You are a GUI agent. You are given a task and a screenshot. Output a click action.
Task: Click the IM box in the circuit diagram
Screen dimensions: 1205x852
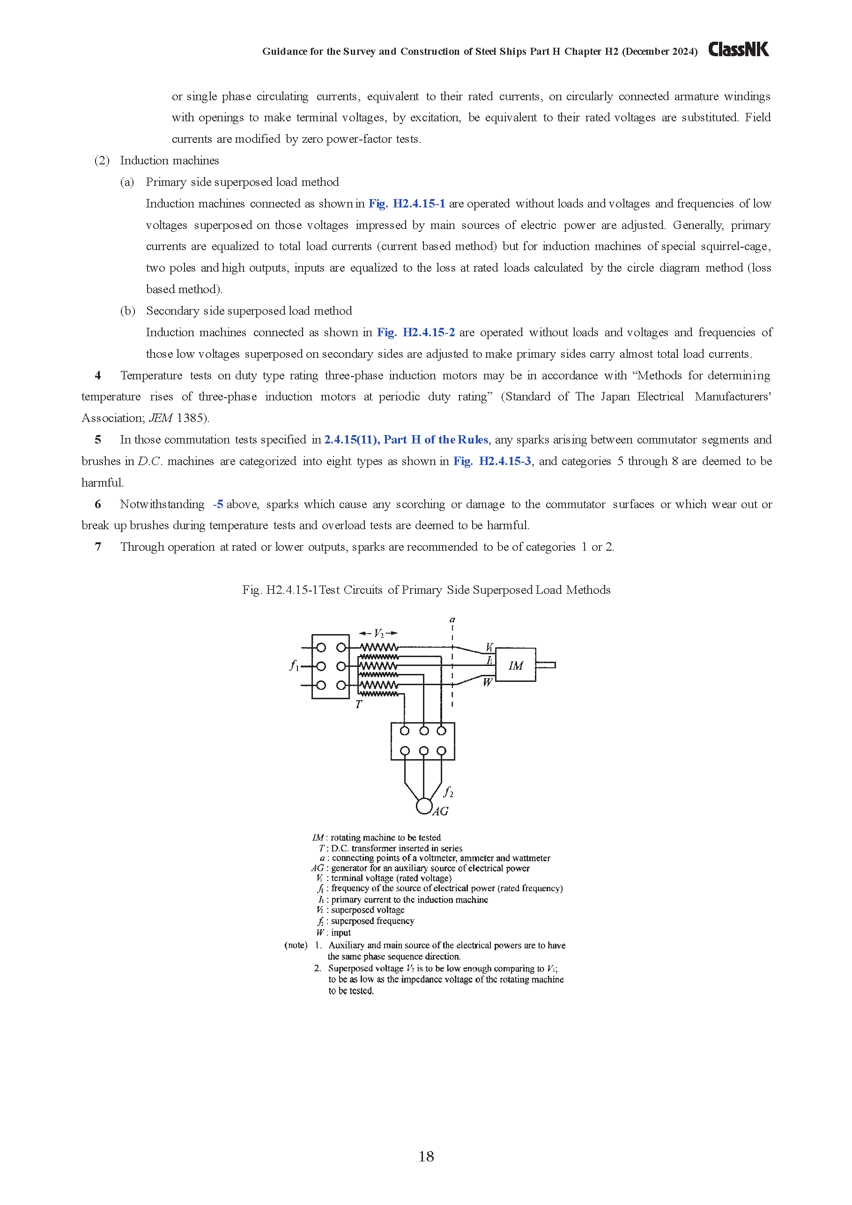tap(516, 665)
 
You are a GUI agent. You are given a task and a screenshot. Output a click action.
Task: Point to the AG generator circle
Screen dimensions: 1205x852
tap(423, 806)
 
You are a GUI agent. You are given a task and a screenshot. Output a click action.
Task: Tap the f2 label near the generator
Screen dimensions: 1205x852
tap(448, 791)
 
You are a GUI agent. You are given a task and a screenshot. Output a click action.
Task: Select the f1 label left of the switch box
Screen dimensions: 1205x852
tap(294, 665)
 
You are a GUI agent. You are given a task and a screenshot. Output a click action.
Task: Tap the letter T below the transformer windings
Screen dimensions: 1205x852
tap(358, 704)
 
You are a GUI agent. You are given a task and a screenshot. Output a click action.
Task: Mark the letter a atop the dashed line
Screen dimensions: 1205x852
tap(452, 620)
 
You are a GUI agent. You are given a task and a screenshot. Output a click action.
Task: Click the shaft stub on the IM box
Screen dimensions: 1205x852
tap(546, 665)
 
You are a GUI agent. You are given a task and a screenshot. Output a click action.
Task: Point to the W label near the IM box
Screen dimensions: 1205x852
tap(487, 682)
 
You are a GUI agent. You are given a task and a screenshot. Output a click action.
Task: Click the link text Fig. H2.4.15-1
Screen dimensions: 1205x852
tap(407, 204)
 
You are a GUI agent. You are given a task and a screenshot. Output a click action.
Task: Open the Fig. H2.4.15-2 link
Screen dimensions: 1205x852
tap(416, 332)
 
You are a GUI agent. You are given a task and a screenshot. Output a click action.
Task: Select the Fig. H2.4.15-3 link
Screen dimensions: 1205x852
tap(492, 461)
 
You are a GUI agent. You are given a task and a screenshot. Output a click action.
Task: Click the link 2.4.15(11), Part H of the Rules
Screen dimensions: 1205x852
tap(406, 439)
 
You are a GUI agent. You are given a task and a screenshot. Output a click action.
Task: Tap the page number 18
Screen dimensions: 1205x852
tap(426, 1156)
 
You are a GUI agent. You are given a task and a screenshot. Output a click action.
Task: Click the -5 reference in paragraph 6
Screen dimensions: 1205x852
tap(218, 504)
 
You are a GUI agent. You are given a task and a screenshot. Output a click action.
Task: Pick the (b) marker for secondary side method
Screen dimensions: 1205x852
tap(127, 310)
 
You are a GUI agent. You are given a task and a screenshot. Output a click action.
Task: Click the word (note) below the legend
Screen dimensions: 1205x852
tap(296, 945)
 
